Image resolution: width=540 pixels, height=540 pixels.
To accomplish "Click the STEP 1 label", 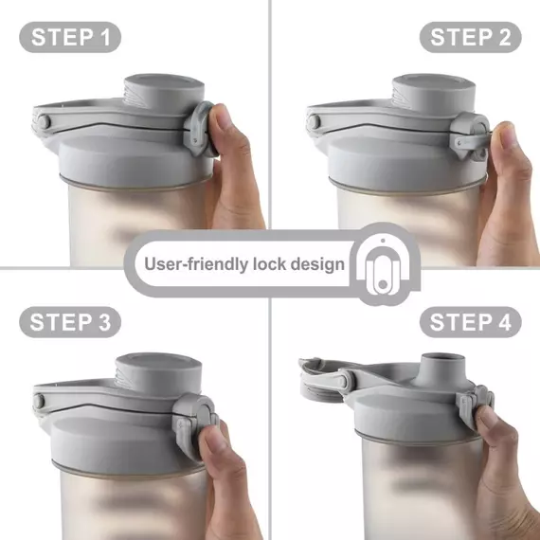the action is coord(70,37).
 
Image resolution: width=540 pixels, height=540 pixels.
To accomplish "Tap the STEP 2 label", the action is coord(471,37).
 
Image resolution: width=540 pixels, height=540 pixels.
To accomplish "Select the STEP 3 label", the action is coord(70,322).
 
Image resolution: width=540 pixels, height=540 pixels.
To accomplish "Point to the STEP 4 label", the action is coord(471,322).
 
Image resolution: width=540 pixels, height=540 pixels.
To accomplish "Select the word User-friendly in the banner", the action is coord(196,264).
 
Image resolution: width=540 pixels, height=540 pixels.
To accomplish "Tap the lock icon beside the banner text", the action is coord(383,265).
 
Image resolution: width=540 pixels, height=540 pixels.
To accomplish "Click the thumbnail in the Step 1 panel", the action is coord(224,118).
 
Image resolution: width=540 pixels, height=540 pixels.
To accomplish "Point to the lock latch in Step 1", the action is coord(199,129).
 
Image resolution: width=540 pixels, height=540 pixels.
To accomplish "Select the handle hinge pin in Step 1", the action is coord(44,122).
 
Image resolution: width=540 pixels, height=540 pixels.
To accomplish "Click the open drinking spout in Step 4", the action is coord(439,369).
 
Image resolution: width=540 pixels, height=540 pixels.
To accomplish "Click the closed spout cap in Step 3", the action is coord(158,373).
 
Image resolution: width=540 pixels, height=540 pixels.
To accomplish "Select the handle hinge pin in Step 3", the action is coord(38,402).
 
